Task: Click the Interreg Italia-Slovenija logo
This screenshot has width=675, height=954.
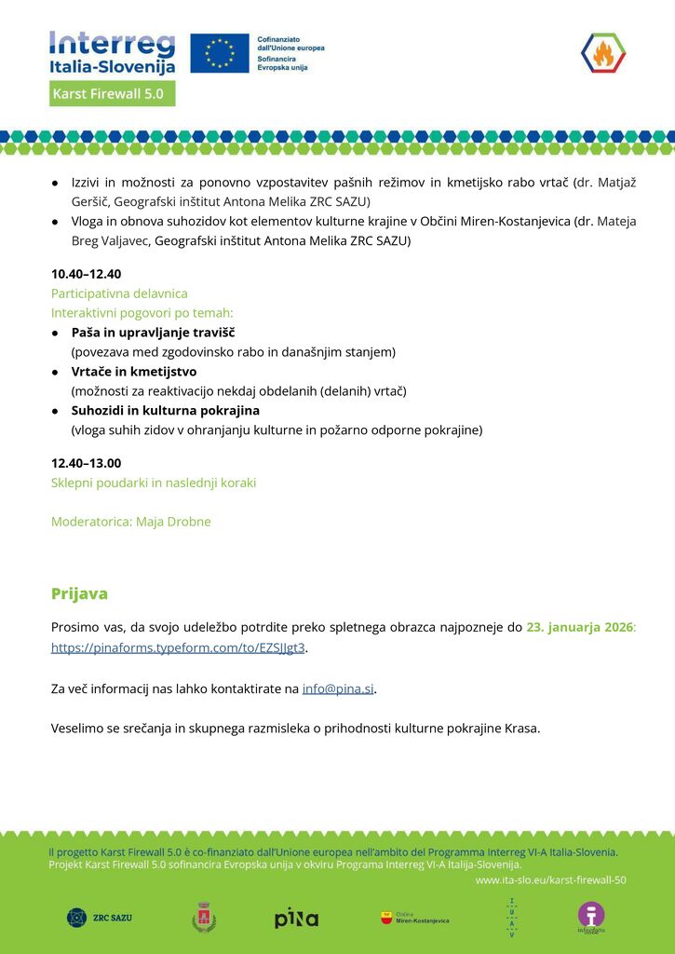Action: (x=113, y=53)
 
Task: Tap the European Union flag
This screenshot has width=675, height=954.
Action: (x=220, y=53)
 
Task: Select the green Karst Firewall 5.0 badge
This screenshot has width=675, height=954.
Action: (x=113, y=94)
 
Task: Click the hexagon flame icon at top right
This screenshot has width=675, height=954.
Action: (x=602, y=53)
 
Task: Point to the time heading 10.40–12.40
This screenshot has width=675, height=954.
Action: (x=86, y=274)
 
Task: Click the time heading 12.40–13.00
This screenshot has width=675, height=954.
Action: (x=86, y=463)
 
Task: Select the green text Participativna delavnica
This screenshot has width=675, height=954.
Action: (x=119, y=293)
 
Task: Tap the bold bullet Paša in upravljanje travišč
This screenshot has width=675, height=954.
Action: (x=153, y=333)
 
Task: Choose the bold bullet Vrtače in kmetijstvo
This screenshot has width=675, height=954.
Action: (x=133, y=372)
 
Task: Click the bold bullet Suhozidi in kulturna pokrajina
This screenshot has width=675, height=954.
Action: (x=165, y=410)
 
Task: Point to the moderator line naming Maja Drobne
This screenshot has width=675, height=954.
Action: (x=130, y=522)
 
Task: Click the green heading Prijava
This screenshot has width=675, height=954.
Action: (x=79, y=593)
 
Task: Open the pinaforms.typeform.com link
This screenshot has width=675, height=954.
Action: (x=178, y=647)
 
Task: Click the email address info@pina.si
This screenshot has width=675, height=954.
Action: (x=338, y=689)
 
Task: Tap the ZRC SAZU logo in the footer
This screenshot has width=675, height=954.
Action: (x=100, y=918)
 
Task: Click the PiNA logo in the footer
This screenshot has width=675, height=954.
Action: (x=296, y=918)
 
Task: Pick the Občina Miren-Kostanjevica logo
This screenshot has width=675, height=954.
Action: (x=414, y=918)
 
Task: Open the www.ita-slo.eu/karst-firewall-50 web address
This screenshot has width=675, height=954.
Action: (x=550, y=879)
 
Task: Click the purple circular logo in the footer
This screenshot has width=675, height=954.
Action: (x=590, y=917)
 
